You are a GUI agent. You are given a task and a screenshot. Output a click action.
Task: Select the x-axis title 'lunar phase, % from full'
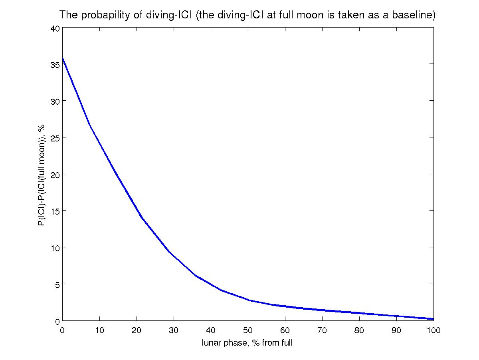(x=247, y=343)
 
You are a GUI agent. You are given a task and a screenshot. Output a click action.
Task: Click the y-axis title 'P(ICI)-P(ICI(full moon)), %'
(x=41, y=175)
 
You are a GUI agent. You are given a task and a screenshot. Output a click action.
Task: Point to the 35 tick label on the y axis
(x=55, y=64)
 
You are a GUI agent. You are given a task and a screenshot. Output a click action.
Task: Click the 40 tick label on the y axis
(x=55, y=28)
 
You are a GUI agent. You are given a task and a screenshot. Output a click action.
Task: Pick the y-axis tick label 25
(x=55, y=137)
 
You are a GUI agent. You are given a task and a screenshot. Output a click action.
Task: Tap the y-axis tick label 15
(x=55, y=211)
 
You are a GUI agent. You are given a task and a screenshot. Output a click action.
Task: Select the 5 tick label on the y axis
(x=57, y=284)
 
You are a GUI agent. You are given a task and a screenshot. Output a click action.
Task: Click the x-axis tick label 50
(x=248, y=330)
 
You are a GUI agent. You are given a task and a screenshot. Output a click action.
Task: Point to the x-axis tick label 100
(x=433, y=330)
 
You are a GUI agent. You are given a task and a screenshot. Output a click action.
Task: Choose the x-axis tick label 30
(x=174, y=330)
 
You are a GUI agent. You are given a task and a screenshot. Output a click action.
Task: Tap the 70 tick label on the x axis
(x=322, y=330)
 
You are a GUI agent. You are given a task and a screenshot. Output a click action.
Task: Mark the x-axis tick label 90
(x=396, y=330)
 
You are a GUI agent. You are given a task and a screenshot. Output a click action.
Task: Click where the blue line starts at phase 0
(x=63, y=58)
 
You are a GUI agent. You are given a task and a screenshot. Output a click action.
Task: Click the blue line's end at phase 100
(x=433, y=319)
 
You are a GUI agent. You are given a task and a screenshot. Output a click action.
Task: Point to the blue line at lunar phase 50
(x=248, y=300)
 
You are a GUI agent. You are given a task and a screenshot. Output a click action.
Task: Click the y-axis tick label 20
(x=55, y=174)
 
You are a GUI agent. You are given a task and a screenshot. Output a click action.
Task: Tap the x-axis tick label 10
(x=99, y=330)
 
